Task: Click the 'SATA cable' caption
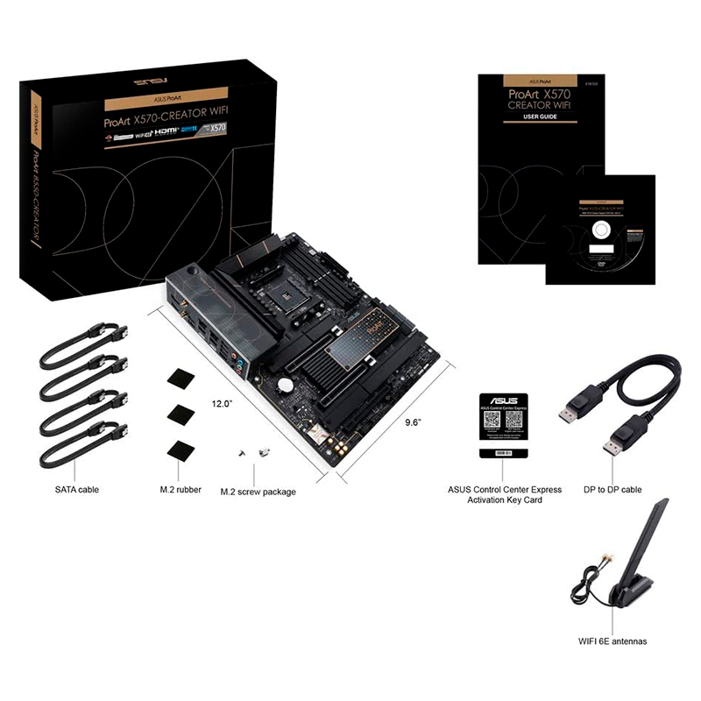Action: tap(75, 488)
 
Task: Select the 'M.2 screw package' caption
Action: tap(258, 492)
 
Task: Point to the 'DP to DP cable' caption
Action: tap(618, 489)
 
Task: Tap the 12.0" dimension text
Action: tap(222, 404)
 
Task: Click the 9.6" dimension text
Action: tap(414, 421)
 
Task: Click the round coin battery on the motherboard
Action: tap(286, 384)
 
